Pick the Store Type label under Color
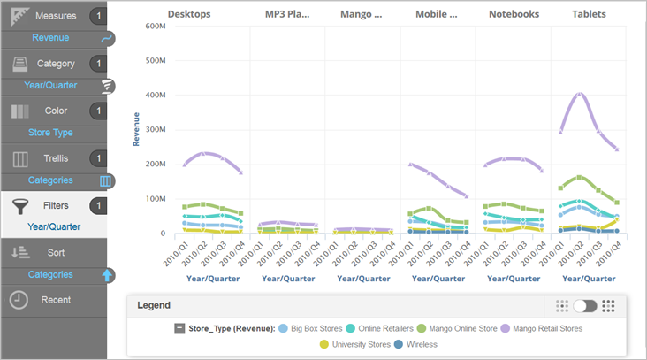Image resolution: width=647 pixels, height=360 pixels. [50, 133]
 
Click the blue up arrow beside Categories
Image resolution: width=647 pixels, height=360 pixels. [107, 275]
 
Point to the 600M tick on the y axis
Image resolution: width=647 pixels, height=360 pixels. [154, 26]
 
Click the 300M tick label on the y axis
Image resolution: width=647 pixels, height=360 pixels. [154, 130]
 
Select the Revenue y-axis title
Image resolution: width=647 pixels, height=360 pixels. [137, 128]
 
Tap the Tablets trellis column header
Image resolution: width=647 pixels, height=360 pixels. [589, 14]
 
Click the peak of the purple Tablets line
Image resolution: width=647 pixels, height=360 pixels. [580, 93]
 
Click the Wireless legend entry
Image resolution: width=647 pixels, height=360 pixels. [419, 344]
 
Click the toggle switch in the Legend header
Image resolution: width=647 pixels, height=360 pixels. [585, 305]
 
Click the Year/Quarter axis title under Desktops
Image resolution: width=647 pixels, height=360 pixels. [212, 278]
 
